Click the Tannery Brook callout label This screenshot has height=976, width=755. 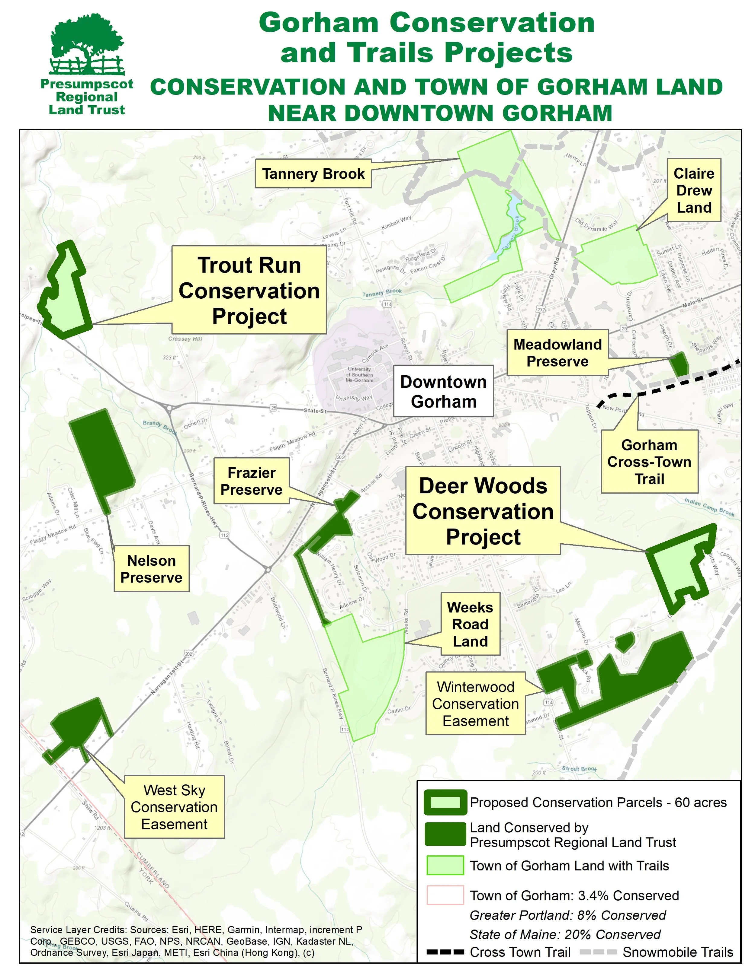tap(313, 174)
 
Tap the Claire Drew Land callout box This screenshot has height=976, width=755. tap(694, 190)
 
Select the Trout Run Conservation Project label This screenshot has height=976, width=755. tap(249, 291)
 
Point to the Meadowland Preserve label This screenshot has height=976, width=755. tap(557, 353)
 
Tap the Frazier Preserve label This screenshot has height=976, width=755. tap(251, 481)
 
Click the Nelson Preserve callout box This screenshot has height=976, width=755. tap(151, 569)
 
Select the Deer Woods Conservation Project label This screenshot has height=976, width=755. tap(483, 511)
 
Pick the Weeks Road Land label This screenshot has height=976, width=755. tap(470, 624)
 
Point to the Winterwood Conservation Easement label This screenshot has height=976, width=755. tap(475, 704)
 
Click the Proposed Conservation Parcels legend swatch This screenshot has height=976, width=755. tap(445, 802)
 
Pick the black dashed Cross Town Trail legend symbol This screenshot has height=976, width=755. tap(445, 952)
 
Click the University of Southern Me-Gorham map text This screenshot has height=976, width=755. tap(359, 374)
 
